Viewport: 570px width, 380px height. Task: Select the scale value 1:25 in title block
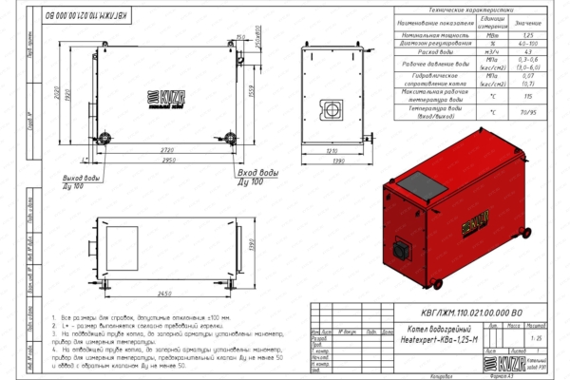[x=537, y=337]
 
